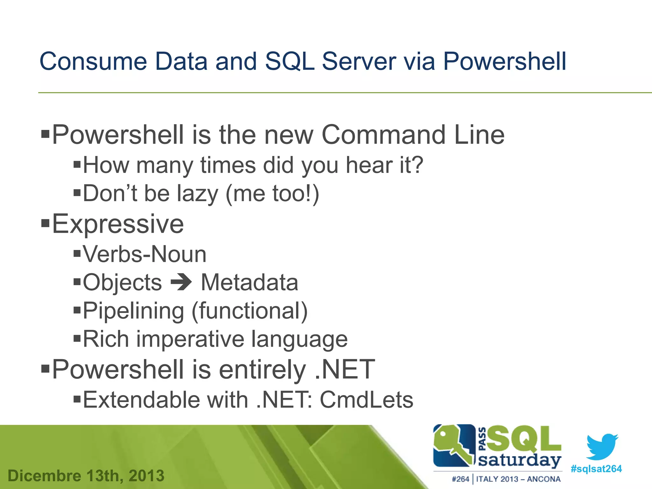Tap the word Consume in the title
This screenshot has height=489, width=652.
tap(93, 61)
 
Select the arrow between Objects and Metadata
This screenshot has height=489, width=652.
tap(181, 282)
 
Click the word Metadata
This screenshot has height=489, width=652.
tap(250, 282)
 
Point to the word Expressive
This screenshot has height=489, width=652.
tap(118, 224)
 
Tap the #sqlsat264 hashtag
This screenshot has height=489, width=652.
tap(596, 469)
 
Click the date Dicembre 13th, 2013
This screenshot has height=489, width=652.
tap(86, 476)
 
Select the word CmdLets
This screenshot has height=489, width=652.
tap(366, 400)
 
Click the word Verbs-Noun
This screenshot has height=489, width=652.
tap(145, 254)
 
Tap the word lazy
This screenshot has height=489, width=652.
tap(197, 194)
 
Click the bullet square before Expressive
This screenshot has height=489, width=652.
tap(46, 223)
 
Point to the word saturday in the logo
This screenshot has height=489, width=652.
tap(520, 460)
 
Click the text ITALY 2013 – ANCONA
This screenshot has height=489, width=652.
tap(518, 479)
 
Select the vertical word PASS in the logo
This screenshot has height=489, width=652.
tap(482, 439)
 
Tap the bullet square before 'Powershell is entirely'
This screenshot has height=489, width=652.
tap(46, 369)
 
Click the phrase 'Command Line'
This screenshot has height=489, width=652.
tap(413, 135)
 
